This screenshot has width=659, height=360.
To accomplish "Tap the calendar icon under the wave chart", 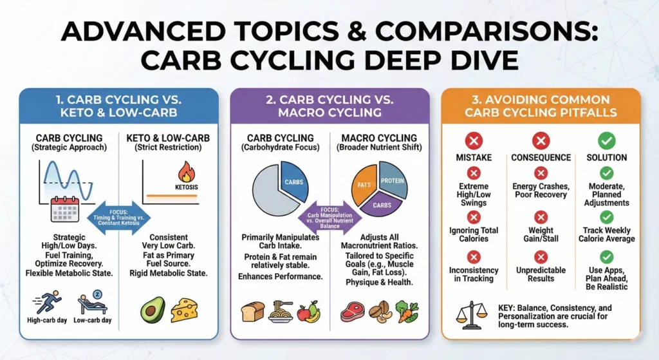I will tap(64, 210).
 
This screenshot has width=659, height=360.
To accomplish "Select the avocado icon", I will tap(153, 310).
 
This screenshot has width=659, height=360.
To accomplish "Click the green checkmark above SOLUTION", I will tap(606, 141).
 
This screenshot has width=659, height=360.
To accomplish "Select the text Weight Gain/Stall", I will tap(541, 234).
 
